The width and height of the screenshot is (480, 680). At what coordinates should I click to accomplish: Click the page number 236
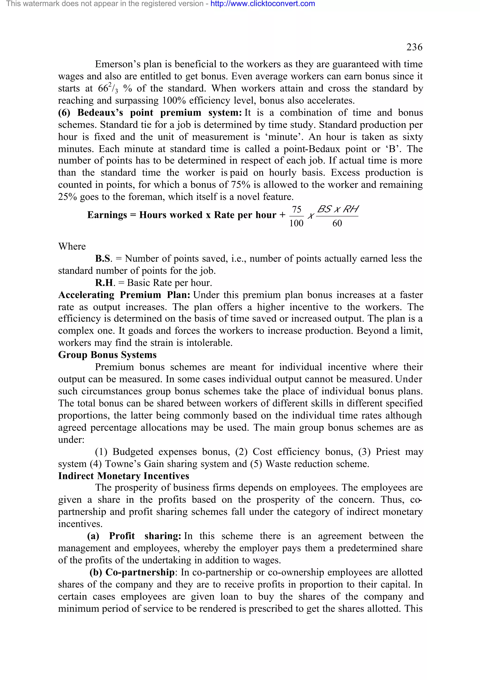[414, 47]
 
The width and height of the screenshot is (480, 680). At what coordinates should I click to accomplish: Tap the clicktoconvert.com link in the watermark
[263, 4]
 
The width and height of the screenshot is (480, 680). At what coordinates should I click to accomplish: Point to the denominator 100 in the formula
[296, 223]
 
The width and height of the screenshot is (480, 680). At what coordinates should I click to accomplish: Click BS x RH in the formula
[337, 209]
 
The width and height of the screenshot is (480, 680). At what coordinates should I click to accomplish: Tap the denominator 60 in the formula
[337, 223]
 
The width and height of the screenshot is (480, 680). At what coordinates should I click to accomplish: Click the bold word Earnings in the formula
[107, 215]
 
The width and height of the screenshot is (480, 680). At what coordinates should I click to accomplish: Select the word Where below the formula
[72, 246]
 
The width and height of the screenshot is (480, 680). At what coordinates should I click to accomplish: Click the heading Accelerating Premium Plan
[124, 295]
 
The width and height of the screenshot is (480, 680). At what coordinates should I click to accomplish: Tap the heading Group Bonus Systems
[107, 355]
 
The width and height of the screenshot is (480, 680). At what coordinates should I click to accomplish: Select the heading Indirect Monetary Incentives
[123, 476]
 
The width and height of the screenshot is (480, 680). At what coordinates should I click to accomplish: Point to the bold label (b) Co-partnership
[132, 572]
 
